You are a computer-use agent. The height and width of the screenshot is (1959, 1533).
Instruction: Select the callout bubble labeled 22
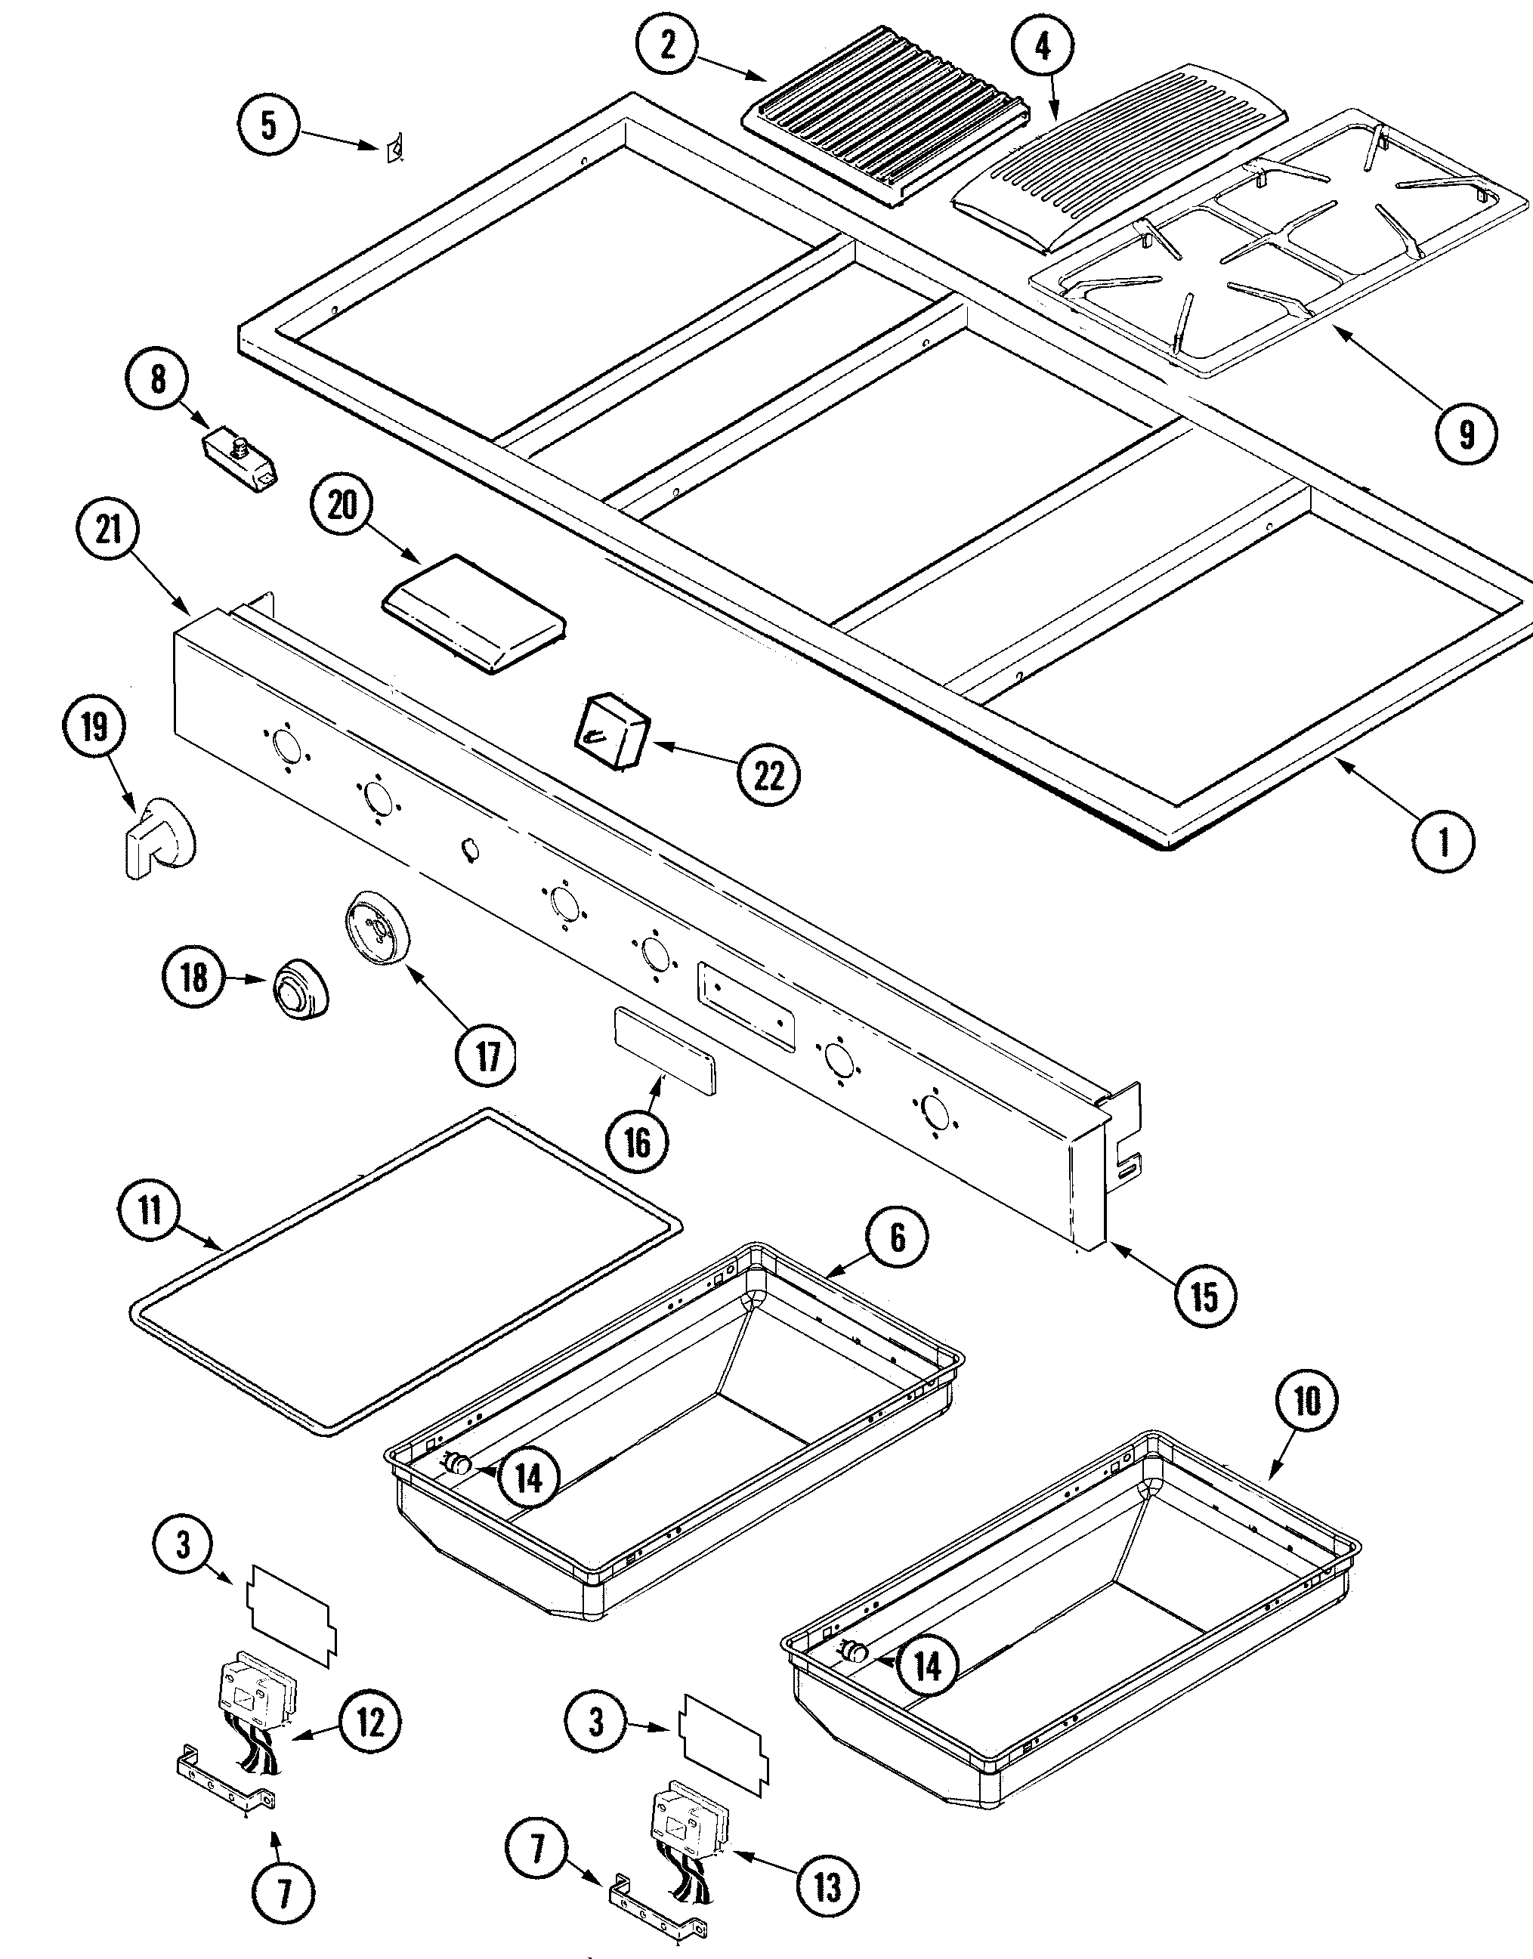tap(769, 774)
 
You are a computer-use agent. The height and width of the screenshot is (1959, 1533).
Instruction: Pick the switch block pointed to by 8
tap(238, 458)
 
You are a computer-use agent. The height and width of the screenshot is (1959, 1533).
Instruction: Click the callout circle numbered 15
tap(1204, 1295)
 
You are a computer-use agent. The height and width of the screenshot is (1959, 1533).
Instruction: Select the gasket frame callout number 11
tap(150, 1210)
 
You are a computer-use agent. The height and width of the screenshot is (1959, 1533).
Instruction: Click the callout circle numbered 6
tap(897, 1238)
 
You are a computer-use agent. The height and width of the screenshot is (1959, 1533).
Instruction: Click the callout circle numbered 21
tap(109, 529)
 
